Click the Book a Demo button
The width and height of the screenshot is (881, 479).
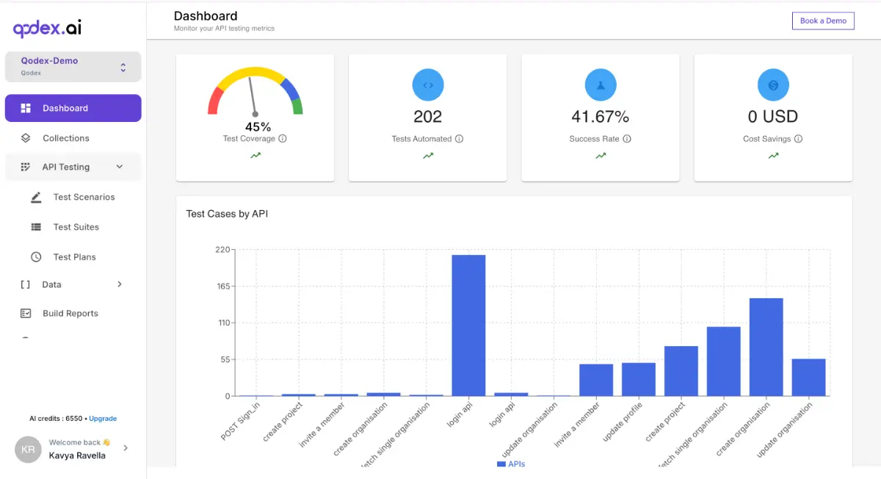[x=823, y=21]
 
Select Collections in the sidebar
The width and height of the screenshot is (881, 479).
[x=65, y=138]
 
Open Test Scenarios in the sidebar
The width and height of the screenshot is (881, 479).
[x=84, y=197]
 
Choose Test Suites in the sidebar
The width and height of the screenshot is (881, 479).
[x=76, y=227]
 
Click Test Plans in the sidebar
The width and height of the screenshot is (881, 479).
[x=74, y=257]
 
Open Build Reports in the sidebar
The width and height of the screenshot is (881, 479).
[x=70, y=313]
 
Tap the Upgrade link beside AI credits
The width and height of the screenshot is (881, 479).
[x=103, y=419]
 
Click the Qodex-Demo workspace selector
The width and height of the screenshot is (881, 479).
[x=73, y=66]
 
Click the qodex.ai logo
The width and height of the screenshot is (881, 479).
[x=47, y=28]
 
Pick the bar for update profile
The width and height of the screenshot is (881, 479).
[x=638, y=379]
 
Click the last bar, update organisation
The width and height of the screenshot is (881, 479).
[x=808, y=377]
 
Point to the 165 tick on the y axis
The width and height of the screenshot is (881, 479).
[x=222, y=286]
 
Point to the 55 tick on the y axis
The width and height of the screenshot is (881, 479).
[x=225, y=359]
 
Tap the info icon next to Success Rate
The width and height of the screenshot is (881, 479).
[x=627, y=139]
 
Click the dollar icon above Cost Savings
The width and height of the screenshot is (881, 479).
[x=773, y=85]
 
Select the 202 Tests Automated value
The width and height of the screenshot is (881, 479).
[x=427, y=116]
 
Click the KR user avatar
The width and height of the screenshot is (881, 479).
[x=28, y=449]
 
